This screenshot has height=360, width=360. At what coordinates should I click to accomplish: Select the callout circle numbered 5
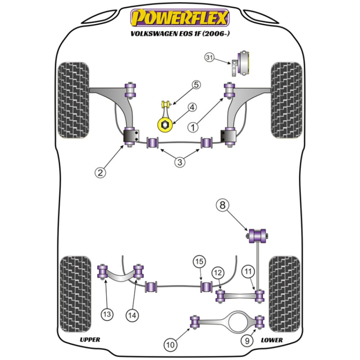pyautogui.click(x=196, y=85)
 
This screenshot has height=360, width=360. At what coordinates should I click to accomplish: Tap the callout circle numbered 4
pyautogui.click(x=192, y=107)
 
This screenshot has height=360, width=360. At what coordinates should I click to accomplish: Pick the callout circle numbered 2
pyautogui.click(x=100, y=172)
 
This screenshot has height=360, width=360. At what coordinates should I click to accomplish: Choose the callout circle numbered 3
pyautogui.click(x=180, y=162)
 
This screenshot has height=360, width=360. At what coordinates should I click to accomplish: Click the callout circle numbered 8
pyautogui.click(x=222, y=206)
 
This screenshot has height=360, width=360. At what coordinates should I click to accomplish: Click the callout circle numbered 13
pyautogui.click(x=107, y=314)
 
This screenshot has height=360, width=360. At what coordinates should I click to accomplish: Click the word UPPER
pyautogui.click(x=90, y=339)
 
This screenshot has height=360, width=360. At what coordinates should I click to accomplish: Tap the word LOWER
pyautogui.click(x=272, y=339)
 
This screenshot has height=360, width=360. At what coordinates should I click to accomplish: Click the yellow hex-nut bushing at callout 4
pyautogui.click(x=165, y=125)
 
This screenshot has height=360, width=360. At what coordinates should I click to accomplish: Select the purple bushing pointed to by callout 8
pyautogui.click(x=257, y=235)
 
